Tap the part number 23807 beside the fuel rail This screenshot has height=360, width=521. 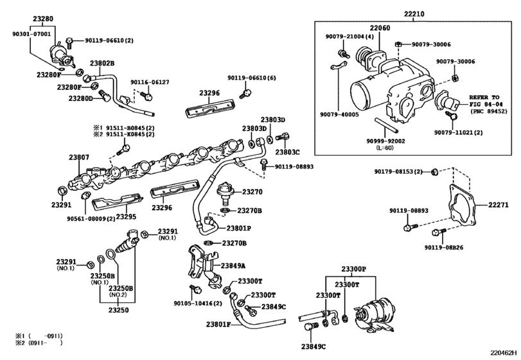[80, 157]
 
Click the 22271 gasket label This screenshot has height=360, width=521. [498, 205]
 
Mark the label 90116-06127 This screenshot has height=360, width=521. [150, 82]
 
